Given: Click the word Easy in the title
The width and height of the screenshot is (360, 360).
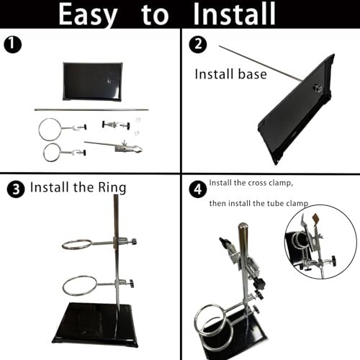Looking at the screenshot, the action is pyautogui.click(x=88, y=15).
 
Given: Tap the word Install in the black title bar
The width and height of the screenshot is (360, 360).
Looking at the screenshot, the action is pyautogui.click(x=234, y=14).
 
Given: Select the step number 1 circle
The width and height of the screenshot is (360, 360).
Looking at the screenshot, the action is pyautogui.click(x=13, y=45).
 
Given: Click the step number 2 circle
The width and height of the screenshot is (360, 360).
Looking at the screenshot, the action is pyautogui.click(x=198, y=45).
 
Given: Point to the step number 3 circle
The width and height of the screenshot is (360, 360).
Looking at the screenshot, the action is pyautogui.click(x=16, y=189).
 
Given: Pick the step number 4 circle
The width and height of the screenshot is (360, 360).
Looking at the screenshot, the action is pyautogui.click(x=198, y=189).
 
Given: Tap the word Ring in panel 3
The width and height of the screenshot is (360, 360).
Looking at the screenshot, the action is pyautogui.click(x=112, y=188).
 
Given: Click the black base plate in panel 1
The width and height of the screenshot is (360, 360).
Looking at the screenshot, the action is pyautogui.click(x=92, y=81).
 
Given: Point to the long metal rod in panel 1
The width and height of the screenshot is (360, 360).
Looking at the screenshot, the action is pyautogui.click(x=91, y=110).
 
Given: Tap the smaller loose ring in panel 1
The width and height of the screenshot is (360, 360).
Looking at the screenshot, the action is pyautogui.click(x=44, y=153).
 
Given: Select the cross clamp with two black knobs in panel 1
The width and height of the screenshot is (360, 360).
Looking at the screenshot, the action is pyautogui.click(x=116, y=125).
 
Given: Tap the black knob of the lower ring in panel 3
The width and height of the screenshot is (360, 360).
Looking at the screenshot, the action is pyautogui.click(x=131, y=284).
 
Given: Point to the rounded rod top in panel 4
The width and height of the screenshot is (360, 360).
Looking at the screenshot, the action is pyautogui.click(x=243, y=226).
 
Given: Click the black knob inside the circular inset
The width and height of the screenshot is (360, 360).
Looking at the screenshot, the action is pyautogui.click(x=333, y=261).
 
